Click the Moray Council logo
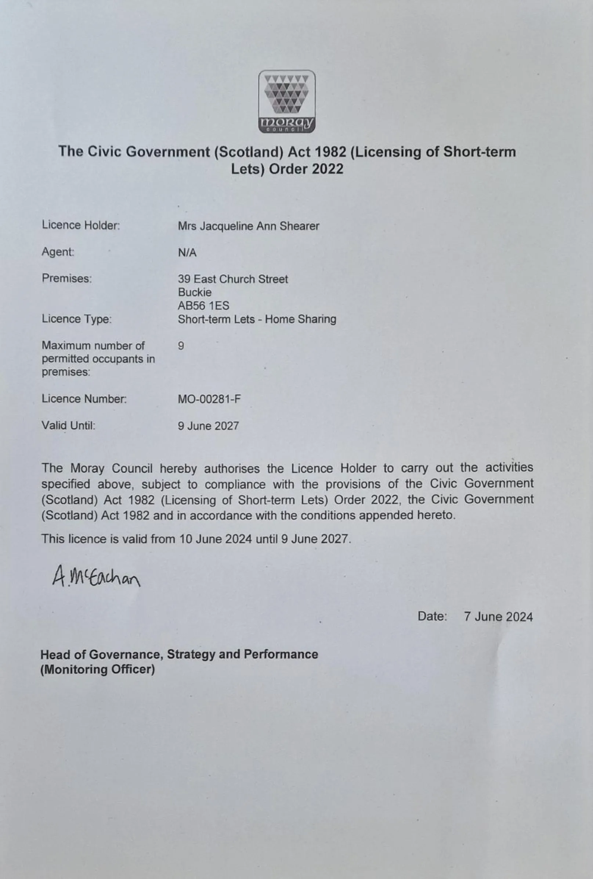tap(286, 101)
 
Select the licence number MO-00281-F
tap(209, 399)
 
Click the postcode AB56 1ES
tap(203, 305)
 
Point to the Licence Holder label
tap(80, 225)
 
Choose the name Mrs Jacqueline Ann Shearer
tap(248, 226)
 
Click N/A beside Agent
tap(187, 253)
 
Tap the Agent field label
tap(58, 251)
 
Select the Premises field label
tap(67, 279)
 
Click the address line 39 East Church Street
tap(233, 279)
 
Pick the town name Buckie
tap(195, 292)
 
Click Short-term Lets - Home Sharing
tap(257, 319)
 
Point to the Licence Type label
tap(77, 319)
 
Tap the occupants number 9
tap(181, 346)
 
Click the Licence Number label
tap(84, 399)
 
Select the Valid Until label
tap(68, 426)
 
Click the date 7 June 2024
tap(498, 617)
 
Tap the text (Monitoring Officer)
tap(98, 669)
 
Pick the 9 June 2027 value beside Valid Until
tap(208, 426)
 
